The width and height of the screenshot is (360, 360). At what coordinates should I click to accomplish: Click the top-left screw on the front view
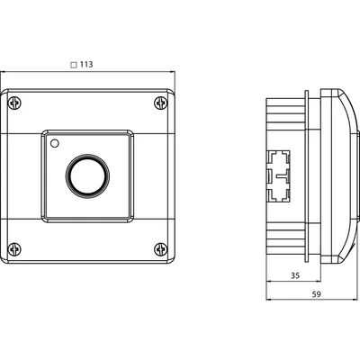point(14,103)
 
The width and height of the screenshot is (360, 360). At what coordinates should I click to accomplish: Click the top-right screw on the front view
point(161,103)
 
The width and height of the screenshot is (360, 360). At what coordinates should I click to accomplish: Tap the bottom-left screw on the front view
point(14,249)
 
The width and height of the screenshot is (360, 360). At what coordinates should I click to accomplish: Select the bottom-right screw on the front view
point(161,249)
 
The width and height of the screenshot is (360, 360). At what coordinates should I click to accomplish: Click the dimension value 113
point(86,65)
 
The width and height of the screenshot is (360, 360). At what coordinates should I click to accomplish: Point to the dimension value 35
point(295,275)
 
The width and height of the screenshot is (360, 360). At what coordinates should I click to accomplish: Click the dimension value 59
point(316,294)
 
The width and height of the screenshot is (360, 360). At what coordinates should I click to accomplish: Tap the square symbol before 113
point(74,65)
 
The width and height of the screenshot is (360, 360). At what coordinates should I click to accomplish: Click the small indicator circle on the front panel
point(54,144)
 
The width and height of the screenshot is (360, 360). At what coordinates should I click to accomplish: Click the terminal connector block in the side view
point(278,175)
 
